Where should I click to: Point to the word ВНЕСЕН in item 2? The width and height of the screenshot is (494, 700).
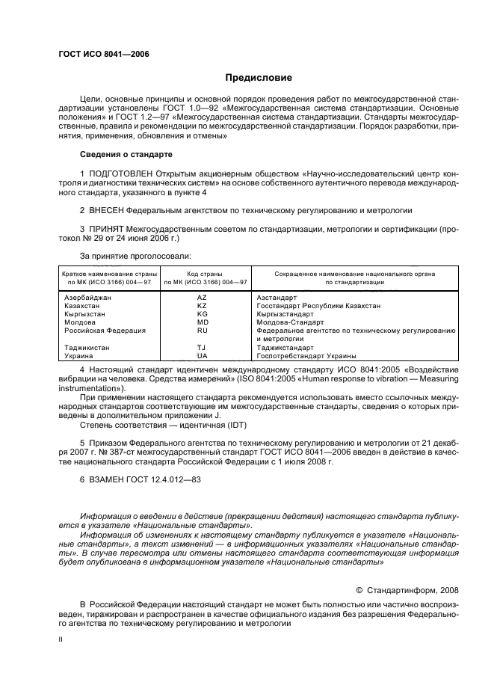[108, 211]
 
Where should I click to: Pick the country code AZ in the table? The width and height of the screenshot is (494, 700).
[202, 297]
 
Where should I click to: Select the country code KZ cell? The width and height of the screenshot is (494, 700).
[202, 306]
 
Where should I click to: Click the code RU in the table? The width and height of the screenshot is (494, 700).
[202, 330]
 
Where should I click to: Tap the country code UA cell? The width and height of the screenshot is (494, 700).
[202, 356]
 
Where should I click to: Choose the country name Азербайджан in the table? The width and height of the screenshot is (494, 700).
[89, 297]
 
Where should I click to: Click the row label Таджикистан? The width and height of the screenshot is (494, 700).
[88, 347]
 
